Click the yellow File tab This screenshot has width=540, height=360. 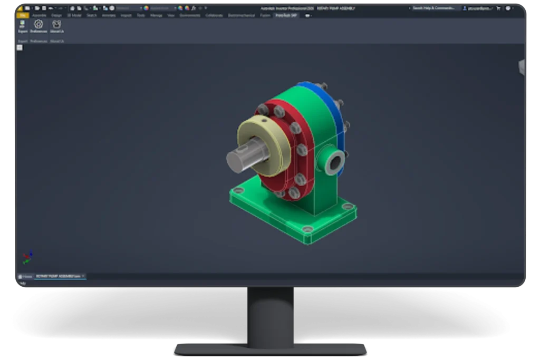click(23, 15)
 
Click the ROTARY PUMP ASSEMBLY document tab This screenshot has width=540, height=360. click(59, 276)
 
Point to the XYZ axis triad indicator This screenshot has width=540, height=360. click(27, 257)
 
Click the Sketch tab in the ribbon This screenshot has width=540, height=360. click(92, 15)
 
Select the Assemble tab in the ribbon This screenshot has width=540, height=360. click(40, 15)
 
